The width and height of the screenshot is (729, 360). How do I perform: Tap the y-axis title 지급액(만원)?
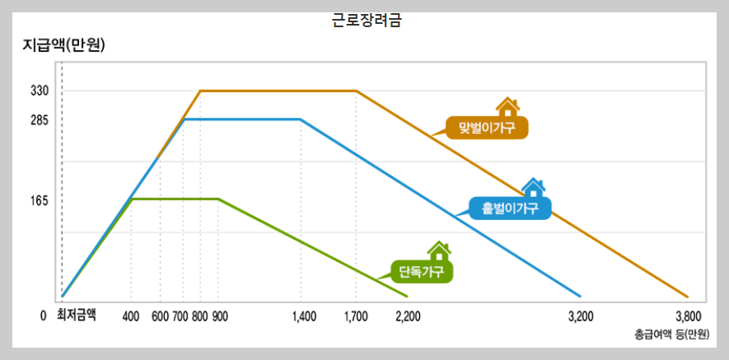[x=63, y=45]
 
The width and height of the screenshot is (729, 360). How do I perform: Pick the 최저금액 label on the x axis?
[x=76, y=315]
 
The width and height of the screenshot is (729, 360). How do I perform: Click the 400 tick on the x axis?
[x=131, y=316]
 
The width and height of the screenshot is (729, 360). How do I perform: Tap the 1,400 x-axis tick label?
[x=304, y=316]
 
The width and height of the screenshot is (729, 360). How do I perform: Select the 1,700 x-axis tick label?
[x=357, y=316]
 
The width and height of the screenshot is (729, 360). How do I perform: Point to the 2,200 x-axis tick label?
[x=409, y=316]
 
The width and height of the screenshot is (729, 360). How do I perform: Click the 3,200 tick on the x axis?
[x=582, y=316]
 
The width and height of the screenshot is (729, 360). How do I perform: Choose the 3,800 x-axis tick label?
[x=688, y=316]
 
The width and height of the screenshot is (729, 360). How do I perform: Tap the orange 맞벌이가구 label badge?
[x=486, y=128]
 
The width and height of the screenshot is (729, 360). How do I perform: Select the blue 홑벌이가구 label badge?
[x=510, y=207]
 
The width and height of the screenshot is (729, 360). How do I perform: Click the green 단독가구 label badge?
[x=422, y=271]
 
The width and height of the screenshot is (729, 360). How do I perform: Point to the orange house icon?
[x=508, y=106]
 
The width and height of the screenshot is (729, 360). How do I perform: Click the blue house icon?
[x=533, y=187]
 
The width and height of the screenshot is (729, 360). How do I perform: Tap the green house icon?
[x=439, y=250]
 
